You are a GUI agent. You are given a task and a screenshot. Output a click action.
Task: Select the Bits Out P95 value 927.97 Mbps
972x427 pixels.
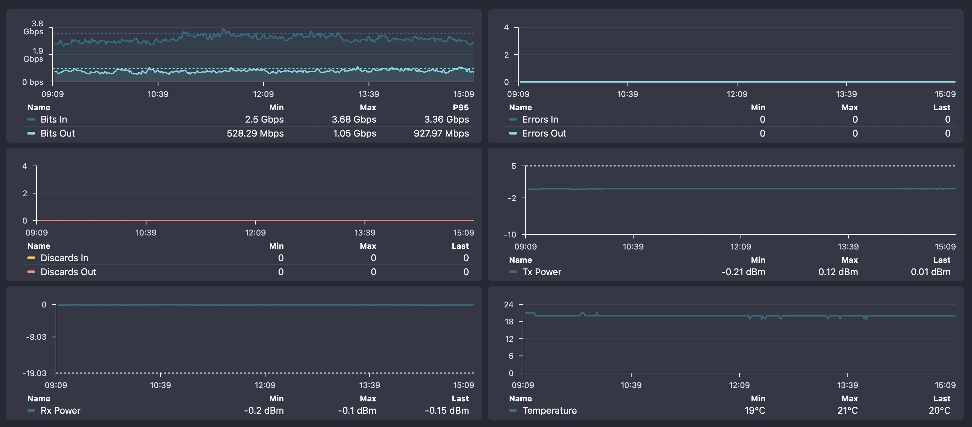coord(441,133)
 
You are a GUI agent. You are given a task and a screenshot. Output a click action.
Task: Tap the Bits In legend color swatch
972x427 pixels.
coord(31,119)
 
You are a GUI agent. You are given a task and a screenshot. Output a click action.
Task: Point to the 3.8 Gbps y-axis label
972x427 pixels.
coord(34,28)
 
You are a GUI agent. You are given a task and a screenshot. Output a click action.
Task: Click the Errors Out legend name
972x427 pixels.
coord(544,133)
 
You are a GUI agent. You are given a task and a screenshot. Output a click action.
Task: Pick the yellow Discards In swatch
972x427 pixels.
coord(31,258)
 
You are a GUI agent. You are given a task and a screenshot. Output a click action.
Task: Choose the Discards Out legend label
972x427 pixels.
coord(68,272)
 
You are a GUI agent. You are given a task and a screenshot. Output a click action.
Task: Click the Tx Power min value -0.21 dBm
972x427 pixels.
coord(743,272)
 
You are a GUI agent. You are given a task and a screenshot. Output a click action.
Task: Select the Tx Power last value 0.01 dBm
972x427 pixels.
coord(930,272)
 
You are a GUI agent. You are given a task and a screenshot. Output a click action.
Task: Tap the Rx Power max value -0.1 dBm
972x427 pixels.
coord(357,410)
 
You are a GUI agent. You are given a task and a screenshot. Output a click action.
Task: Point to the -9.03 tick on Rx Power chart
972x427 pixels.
coord(36,337)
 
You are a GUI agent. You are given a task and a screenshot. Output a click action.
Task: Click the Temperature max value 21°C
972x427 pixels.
coord(847,410)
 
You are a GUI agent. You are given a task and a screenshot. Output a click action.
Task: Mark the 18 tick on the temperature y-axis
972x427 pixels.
coord(509,322)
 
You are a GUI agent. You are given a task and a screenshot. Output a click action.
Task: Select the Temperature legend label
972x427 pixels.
coord(549,410)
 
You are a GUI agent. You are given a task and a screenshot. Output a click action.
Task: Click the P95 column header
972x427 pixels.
coord(460,108)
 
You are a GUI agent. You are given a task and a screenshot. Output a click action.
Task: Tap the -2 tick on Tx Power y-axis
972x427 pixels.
coord(512,198)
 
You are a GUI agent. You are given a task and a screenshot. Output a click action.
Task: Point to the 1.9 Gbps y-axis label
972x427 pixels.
coord(34,55)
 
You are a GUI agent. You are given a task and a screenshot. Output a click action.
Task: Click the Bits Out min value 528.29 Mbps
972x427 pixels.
coord(255,133)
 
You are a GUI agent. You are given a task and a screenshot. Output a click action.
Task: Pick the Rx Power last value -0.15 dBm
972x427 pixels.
coord(447,410)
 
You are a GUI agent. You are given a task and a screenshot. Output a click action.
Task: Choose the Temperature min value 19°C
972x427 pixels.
coord(755,410)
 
